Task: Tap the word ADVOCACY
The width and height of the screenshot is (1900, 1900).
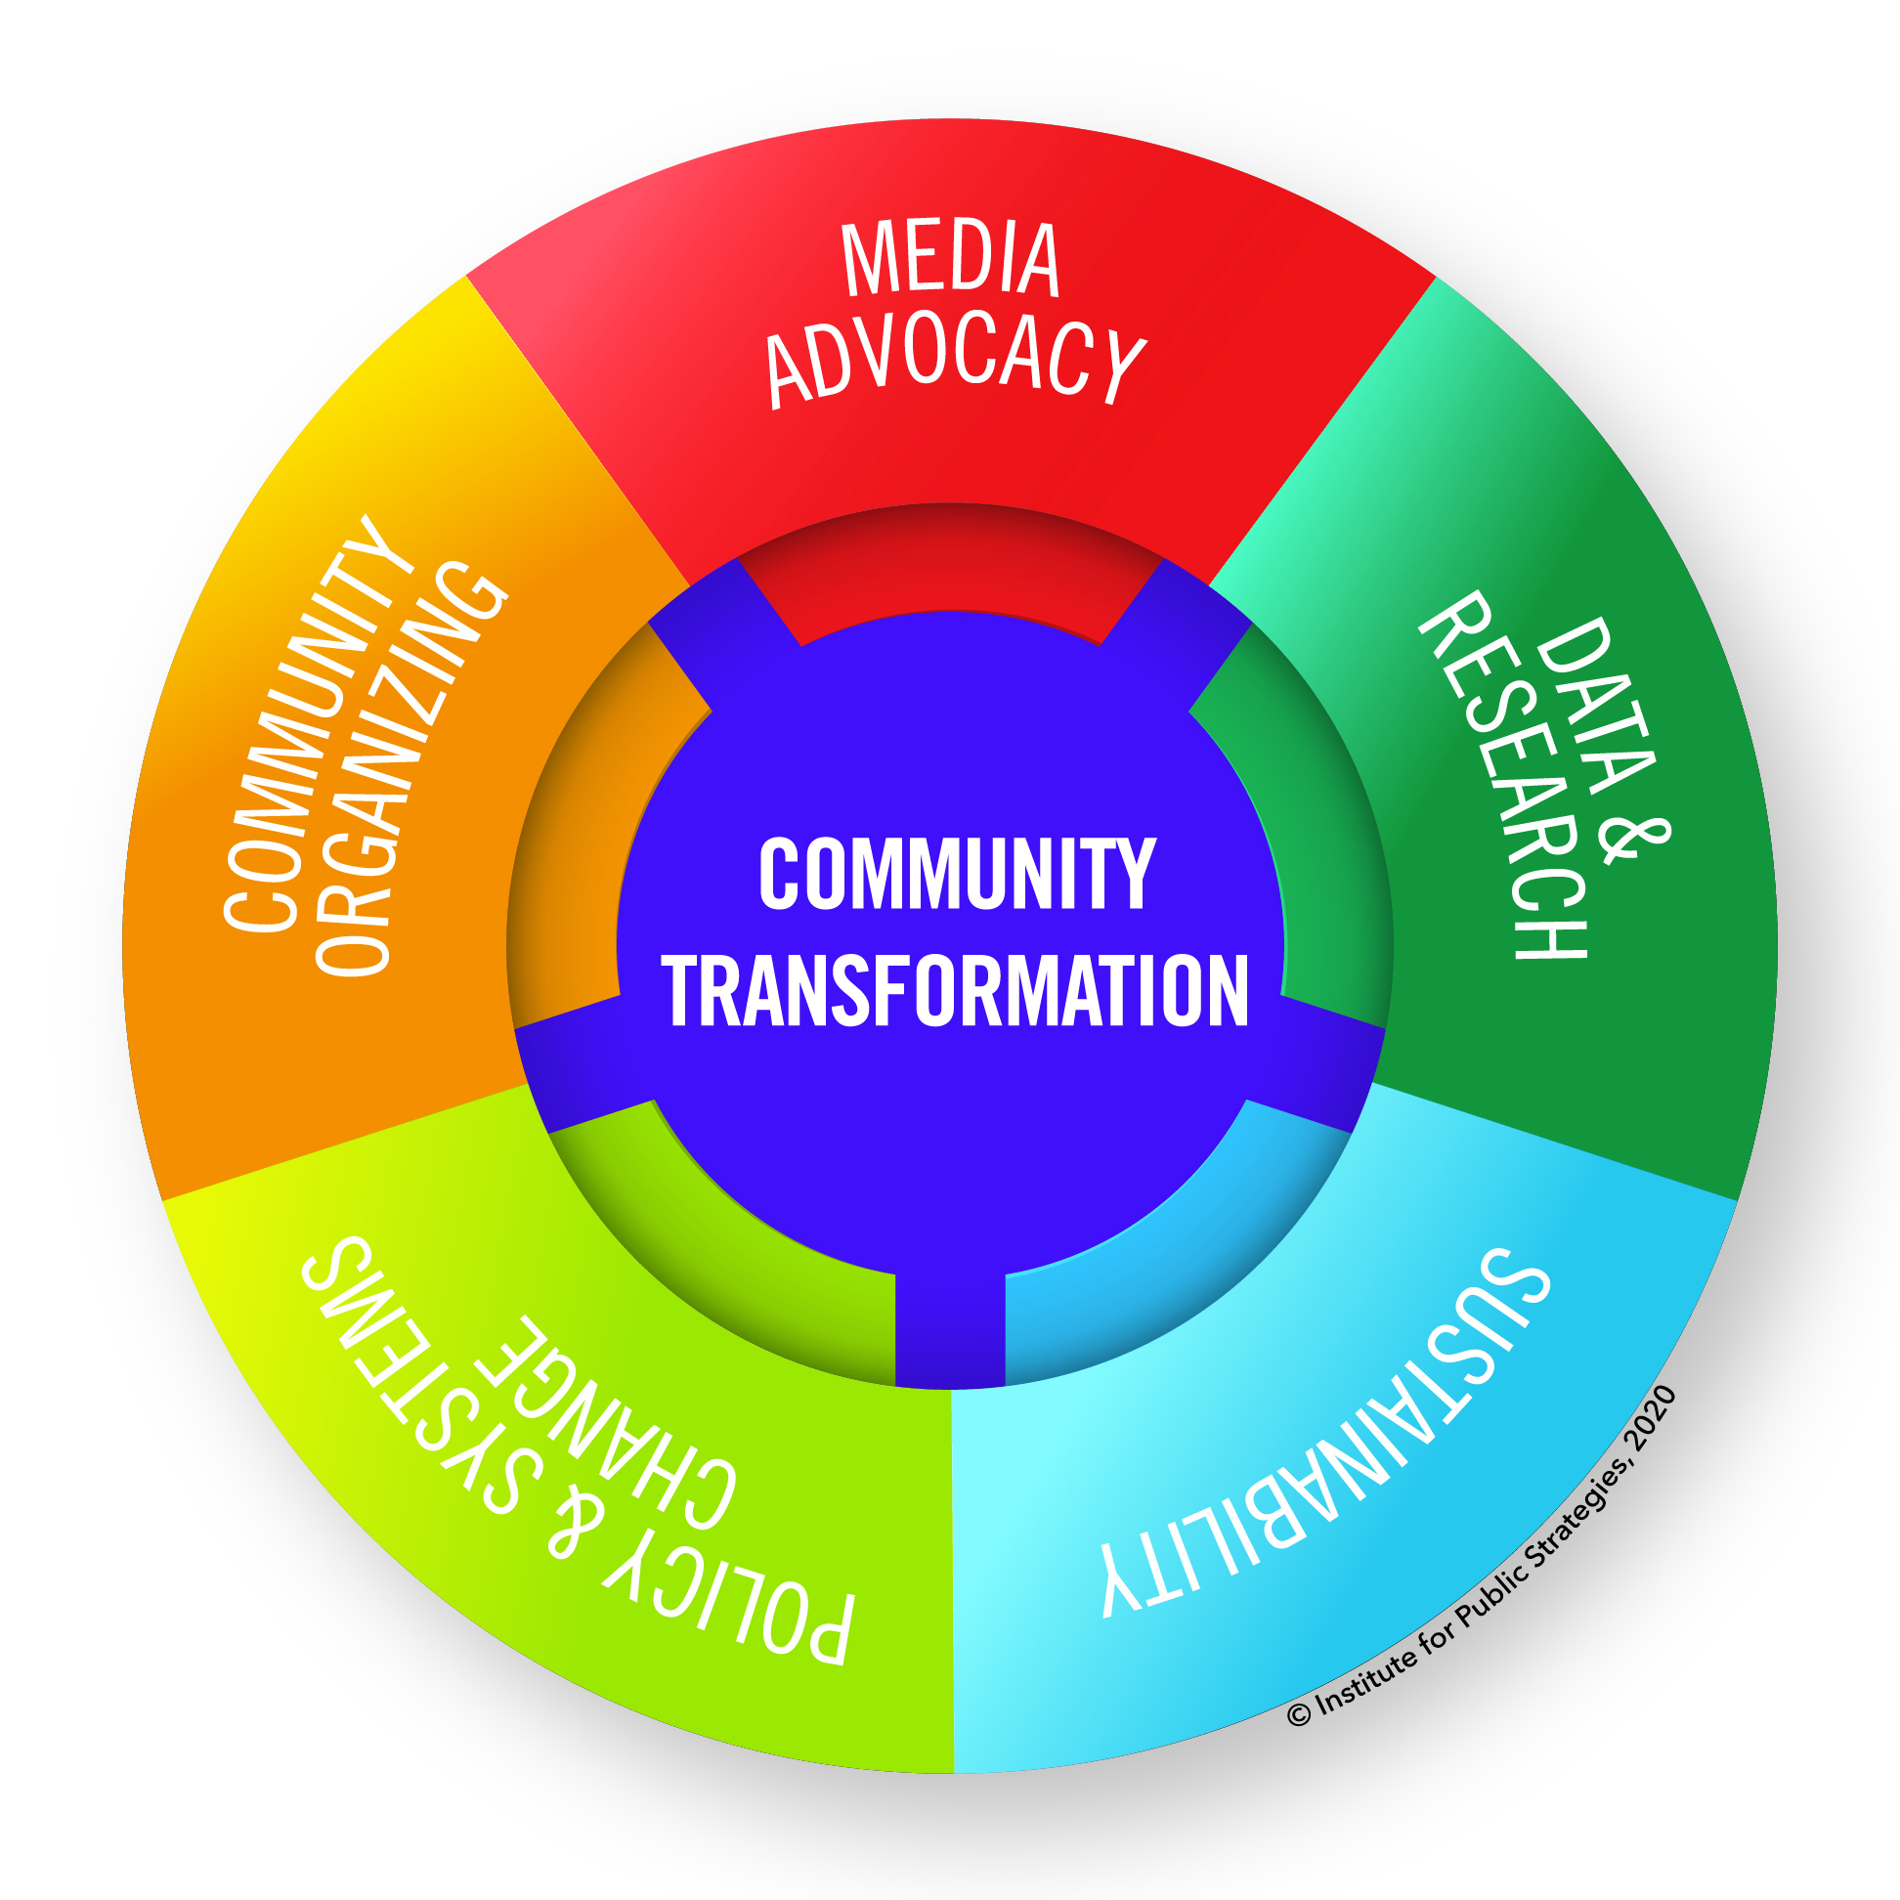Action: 954,360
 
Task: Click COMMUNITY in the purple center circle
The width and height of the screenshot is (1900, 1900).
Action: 957,874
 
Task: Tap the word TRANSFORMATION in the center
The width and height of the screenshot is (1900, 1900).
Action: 955,990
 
